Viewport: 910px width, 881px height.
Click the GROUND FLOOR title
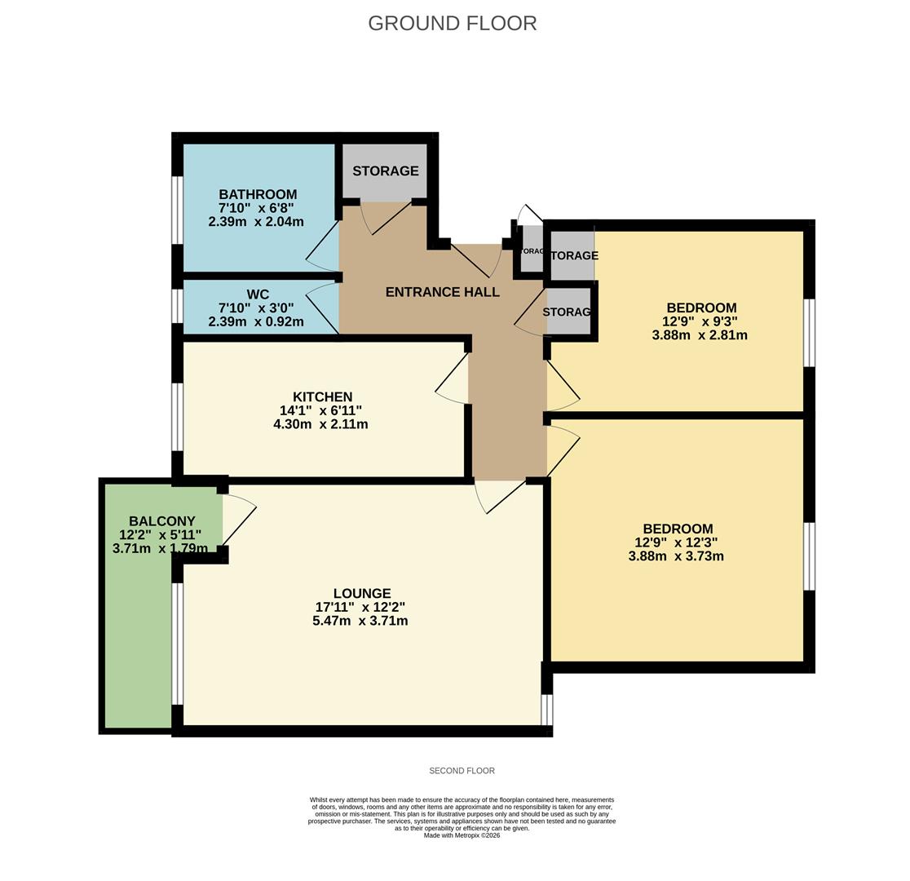click(x=452, y=24)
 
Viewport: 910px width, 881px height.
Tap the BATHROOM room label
click(x=258, y=194)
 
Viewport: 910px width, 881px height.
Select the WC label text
click(x=258, y=294)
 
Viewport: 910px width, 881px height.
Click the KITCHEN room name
click(x=323, y=397)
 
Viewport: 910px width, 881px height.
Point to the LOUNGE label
click(x=362, y=593)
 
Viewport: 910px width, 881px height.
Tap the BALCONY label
click(x=161, y=521)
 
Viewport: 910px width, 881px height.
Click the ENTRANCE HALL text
click(x=442, y=292)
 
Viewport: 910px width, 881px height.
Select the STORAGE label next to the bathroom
click(x=385, y=171)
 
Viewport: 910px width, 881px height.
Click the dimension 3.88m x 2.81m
click(x=700, y=335)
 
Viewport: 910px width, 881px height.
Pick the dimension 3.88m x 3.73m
click(x=676, y=556)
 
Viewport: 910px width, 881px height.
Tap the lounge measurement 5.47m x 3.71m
click(x=360, y=621)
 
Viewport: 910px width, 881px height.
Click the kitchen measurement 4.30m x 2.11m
click(x=320, y=424)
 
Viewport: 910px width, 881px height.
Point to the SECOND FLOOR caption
click(x=462, y=771)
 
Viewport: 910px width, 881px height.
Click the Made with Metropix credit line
click(x=462, y=835)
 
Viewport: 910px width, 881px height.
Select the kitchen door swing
click(x=453, y=379)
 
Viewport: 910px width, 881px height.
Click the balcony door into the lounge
click(x=239, y=520)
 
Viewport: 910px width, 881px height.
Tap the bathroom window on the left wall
click(x=177, y=210)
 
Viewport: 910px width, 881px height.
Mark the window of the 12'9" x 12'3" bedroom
click(x=809, y=556)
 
